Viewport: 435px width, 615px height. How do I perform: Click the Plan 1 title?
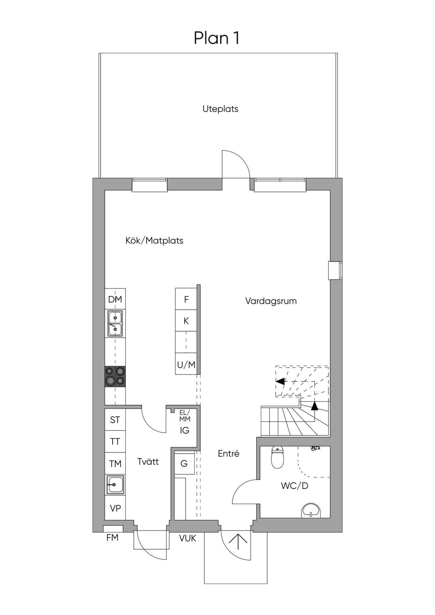coord(216,38)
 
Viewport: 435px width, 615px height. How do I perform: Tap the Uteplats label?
coord(220,109)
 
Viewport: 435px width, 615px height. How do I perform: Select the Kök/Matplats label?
coord(154,240)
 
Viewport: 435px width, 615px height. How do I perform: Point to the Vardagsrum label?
coord(271,301)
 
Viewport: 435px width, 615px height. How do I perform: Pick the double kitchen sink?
coord(115,323)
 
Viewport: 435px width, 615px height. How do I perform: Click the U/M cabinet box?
coord(186,364)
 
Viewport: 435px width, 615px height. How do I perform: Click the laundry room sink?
coord(116,485)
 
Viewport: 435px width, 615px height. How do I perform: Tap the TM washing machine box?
coord(115,464)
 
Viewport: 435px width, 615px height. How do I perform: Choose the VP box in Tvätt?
coord(115,508)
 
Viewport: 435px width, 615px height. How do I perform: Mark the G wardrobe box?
coord(184,463)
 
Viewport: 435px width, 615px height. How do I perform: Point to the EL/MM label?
coord(184,416)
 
